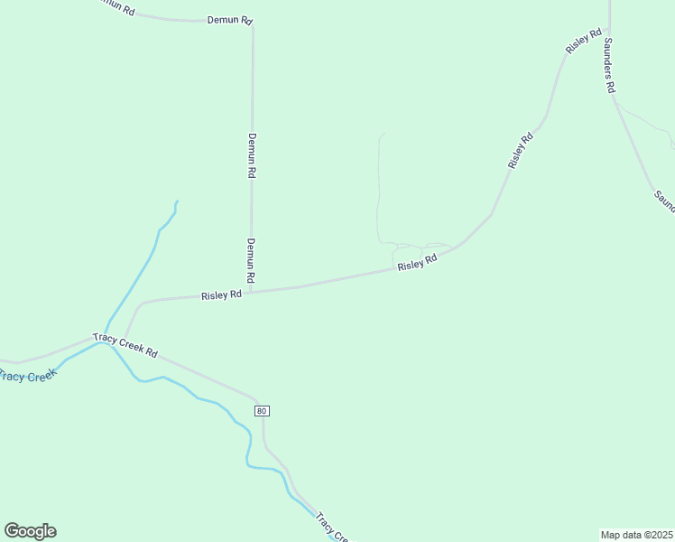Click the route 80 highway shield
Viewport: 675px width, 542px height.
coord(262,411)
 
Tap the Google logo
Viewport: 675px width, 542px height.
coord(30,531)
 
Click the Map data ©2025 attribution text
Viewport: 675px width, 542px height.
coord(636,535)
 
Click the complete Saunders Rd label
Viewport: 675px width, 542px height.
coord(609,65)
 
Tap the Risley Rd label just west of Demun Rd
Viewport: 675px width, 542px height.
coord(221,294)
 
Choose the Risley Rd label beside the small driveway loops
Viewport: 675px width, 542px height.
coord(417,262)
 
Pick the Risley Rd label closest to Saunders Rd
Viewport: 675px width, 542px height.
coord(583,41)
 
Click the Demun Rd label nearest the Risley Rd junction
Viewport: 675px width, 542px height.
coord(252,260)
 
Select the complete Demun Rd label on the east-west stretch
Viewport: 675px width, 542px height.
coord(229,19)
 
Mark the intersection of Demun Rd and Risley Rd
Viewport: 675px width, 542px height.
coord(252,292)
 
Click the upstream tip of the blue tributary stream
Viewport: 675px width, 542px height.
coord(177,201)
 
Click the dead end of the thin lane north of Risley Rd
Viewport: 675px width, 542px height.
coord(384,134)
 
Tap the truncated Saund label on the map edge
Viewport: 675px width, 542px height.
coord(664,200)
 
